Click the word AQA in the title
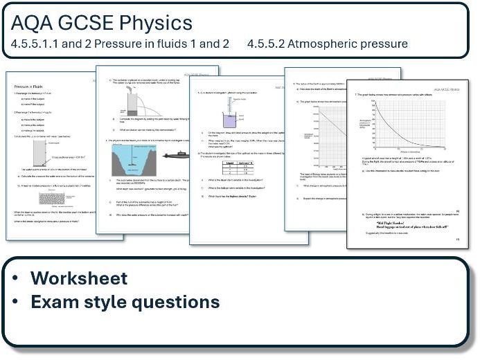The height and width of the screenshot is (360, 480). [x=30, y=23]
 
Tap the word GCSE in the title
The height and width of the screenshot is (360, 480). [x=82, y=23]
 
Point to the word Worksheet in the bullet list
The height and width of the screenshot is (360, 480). [x=79, y=278]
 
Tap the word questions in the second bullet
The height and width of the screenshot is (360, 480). [x=173, y=303]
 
